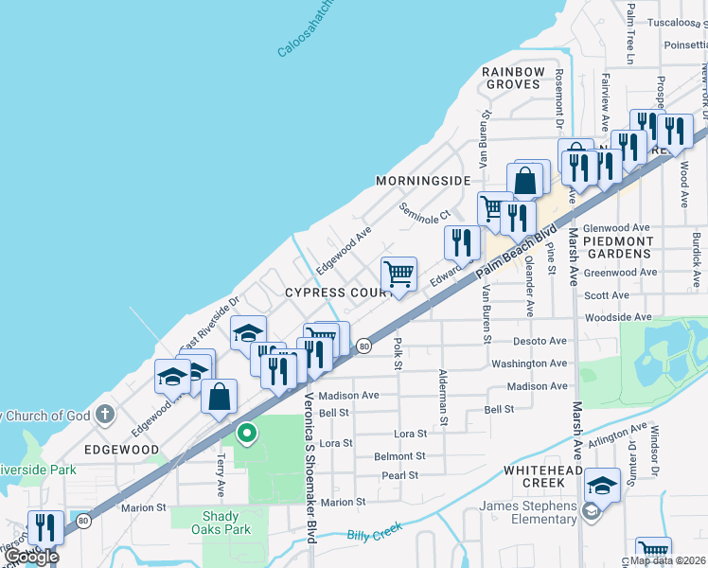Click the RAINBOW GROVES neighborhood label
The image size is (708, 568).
tap(513, 78)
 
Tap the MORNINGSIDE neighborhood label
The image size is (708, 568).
tap(423, 181)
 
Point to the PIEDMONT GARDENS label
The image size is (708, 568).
tap(618, 248)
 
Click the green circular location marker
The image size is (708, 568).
tap(247, 434)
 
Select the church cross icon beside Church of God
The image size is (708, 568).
tap(104, 415)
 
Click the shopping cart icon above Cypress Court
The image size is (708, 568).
tap(398, 275)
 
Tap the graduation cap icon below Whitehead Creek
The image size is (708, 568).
tap(602, 487)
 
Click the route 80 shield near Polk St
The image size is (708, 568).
tap(363, 347)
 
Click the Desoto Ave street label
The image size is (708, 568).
tap(540, 341)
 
